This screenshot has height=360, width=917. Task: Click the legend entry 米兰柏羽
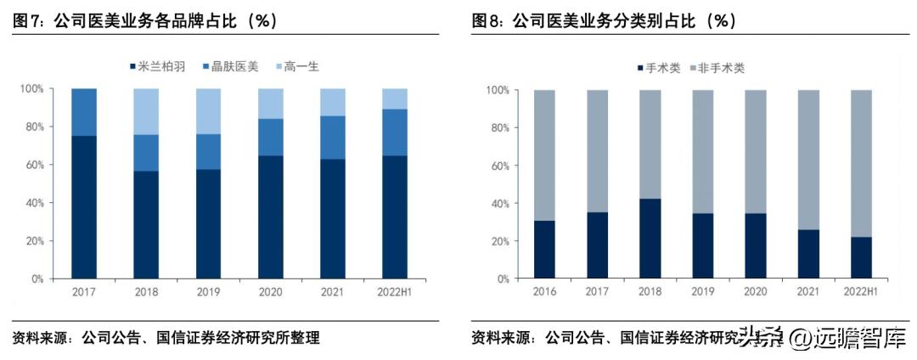pos(157,66)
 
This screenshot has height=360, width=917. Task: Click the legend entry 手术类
pos(658,68)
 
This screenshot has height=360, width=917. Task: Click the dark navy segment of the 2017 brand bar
pos(84,207)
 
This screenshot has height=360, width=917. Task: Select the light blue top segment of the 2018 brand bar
pos(146,111)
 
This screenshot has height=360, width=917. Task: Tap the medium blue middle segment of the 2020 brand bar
pos(271,137)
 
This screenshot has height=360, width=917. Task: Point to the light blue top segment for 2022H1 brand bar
pos(396,98)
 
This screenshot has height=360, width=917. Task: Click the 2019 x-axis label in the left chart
pos(208,293)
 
